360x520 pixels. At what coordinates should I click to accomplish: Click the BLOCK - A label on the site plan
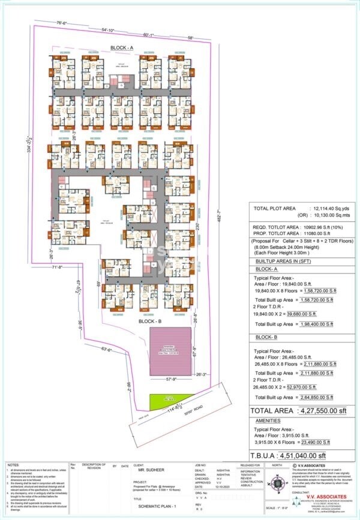(x=125, y=47)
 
